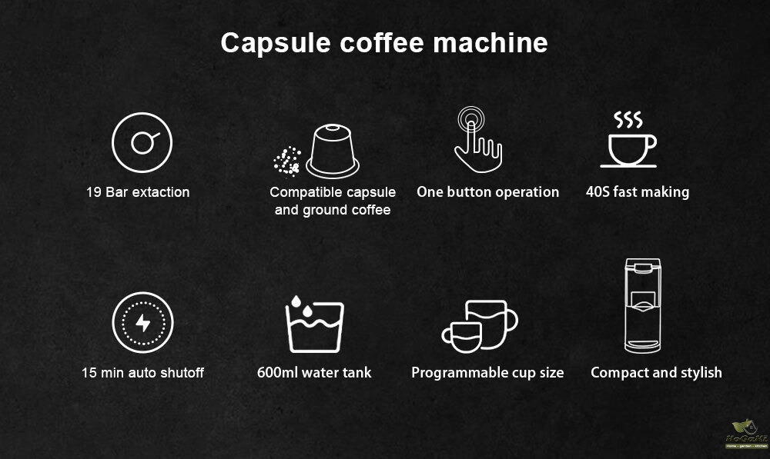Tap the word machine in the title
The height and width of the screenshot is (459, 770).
pyautogui.click(x=490, y=42)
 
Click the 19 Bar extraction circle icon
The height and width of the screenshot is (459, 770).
pyautogui.click(x=142, y=143)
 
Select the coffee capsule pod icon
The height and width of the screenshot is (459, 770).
pyautogui.click(x=333, y=151)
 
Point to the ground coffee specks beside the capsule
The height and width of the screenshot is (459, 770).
pyautogui.click(x=287, y=161)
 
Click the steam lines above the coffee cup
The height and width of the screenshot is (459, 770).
pyautogui.click(x=628, y=120)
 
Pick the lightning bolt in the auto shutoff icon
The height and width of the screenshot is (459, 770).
pyautogui.click(x=143, y=323)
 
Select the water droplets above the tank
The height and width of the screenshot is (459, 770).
pyautogui.click(x=302, y=306)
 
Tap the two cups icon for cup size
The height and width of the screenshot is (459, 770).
pyautogui.click(x=480, y=326)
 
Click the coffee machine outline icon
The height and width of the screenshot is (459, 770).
pyautogui.click(x=642, y=305)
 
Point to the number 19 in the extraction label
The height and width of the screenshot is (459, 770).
pyautogui.click(x=93, y=192)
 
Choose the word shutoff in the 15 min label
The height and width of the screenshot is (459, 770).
pyautogui.click(x=182, y=373)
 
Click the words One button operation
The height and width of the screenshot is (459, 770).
pyautogui.click(x=487, y=192)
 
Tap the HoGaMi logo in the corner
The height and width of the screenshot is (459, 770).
pyautogui.click(x=746, y=434)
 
